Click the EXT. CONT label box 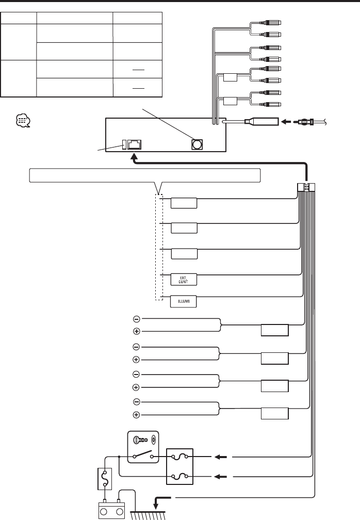pos(184,279)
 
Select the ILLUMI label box pos(184,301)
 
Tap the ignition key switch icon pos(144,442)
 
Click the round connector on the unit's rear pos(197,144)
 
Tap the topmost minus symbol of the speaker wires pos(136,318)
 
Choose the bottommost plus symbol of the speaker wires pos(136,415)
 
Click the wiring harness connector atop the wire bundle pos(306,188)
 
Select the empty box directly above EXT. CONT pos(184,254)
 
